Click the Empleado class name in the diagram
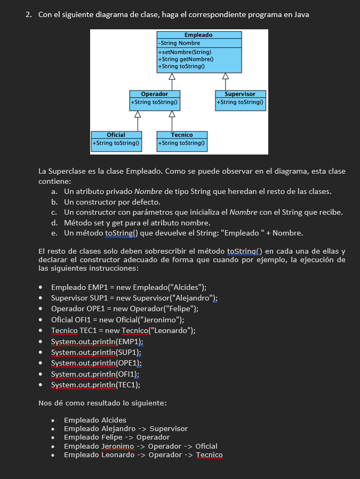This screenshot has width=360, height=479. click(x=198, y=35)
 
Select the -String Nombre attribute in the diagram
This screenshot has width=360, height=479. click(x=179, y=43)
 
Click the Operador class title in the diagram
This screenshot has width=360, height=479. click(x=154, y=94)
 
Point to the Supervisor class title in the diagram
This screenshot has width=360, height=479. click(x=241, y=94)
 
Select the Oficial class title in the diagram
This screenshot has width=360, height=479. click(x=116, y=135)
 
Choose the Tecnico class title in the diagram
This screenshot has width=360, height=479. click(x=182, y=135)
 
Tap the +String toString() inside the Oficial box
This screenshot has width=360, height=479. click(x=116, y=143)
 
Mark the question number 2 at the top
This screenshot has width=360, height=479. click(x=29, y=14)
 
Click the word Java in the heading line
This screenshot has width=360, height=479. click(x=300, y=14)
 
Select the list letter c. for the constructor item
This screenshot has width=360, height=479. click(x=54, y=213)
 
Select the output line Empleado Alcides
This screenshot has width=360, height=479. click(x=95, y=420)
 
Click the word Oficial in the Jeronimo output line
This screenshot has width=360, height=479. click(x=206, y=446)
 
